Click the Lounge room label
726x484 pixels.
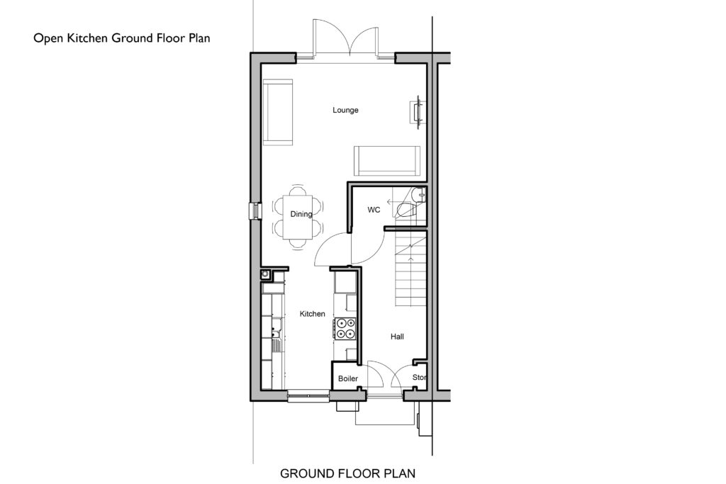click(345, 110)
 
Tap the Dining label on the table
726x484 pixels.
click(301, 214)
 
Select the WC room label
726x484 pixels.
click(374, 210)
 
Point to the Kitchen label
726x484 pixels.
click(312, 314)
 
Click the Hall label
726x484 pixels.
click(397, 337)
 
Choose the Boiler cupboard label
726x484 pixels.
click(347, 378)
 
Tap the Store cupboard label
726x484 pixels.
click(419, 378)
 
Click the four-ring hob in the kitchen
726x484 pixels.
click(345, 329)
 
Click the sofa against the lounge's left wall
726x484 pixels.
click(278, 113)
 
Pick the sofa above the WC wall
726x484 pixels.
click(387, 161)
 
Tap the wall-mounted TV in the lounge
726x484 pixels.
click(418, 111)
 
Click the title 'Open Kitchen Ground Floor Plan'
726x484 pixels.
click(122, 38)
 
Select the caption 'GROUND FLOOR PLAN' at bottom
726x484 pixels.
click(347, 473)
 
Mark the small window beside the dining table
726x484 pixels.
click(255, 211)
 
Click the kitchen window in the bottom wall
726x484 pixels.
click(308, 395)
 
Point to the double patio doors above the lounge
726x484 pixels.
click(345, 40)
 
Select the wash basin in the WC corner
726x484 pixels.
click(420, 195)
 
